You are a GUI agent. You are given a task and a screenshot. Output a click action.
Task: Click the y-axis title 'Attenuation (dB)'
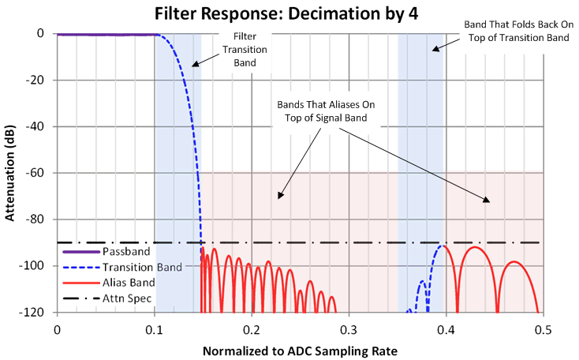pos(12,173)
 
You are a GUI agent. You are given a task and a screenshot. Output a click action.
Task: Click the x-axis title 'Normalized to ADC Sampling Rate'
pos(299,349)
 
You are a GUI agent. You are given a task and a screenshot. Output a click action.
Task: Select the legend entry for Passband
pos(110,252)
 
